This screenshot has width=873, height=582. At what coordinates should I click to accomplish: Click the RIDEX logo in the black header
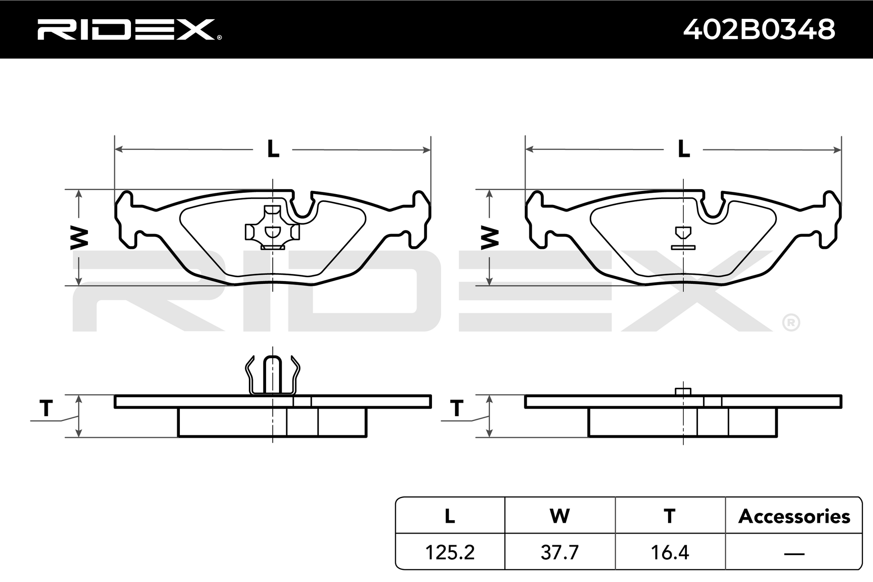129,30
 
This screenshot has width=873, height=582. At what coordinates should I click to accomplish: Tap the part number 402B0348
759,30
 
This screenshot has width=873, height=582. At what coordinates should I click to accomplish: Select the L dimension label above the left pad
273,148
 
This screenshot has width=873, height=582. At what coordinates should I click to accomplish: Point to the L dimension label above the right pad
683,148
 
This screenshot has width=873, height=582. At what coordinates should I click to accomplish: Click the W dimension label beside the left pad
79,238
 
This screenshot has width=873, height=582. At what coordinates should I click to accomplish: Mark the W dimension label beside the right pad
489,238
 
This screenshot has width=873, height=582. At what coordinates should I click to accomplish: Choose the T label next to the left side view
46,408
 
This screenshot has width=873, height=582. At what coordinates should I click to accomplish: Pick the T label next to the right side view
456,408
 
